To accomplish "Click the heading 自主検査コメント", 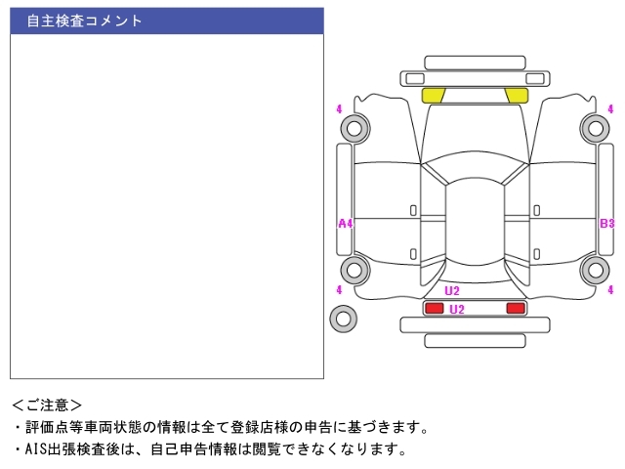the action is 84,21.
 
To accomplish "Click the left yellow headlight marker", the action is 433,96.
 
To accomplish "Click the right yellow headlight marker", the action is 517,96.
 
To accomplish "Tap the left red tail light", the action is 434,308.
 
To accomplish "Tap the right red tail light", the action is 516,308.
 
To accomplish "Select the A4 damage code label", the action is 345,224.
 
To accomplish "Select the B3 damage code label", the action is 607,224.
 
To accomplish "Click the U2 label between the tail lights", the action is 457,310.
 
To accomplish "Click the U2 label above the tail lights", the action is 452,291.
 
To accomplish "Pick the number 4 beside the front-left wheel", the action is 339,108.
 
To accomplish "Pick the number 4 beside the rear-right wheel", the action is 610,289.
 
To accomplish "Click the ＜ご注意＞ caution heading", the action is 47,405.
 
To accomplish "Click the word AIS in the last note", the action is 35,449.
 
